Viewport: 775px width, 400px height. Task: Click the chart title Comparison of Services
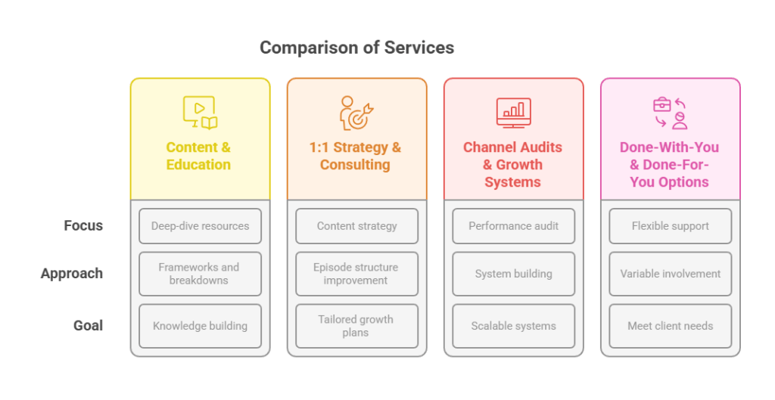pos(356,48)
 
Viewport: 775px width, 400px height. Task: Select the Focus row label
pos(83,225)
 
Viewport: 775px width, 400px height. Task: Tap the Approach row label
pos(72,274)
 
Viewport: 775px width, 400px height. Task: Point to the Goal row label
pos(88,326)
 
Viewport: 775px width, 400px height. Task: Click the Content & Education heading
pos(198,156)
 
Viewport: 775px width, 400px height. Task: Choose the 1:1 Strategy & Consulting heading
pos(355,156)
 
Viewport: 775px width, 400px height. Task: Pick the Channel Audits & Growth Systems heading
pos(512,164)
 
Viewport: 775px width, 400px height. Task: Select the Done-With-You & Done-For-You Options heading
pos(669,164)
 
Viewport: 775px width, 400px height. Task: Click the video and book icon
pos(200,113)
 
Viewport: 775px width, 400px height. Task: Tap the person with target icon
pos(355,113)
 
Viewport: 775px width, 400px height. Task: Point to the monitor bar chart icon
pos(513,113)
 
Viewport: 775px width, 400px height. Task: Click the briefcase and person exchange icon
pos(670,113)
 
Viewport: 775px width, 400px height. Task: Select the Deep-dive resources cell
pos(200,225)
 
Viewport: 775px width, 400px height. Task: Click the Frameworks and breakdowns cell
pos(200,274)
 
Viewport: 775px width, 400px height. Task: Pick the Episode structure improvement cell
pos(356,274)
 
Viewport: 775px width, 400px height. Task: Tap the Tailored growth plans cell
pos(356,326)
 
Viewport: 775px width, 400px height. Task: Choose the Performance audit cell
pos(513,225)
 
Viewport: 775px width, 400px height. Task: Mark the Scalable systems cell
pos(513,326)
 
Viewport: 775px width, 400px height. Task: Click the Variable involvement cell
pos(670,274)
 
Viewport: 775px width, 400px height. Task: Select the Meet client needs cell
pos(670,326)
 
